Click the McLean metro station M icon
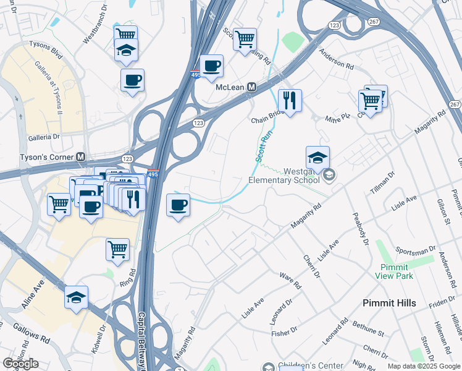tap(252, 88)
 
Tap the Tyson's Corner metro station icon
tap(81, 157)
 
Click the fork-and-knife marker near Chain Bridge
tap(290, 100)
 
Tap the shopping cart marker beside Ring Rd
tap(117, 250)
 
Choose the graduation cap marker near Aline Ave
tap(76, 297)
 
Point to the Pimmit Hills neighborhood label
tap(389, 303)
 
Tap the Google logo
tap(20, 364)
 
